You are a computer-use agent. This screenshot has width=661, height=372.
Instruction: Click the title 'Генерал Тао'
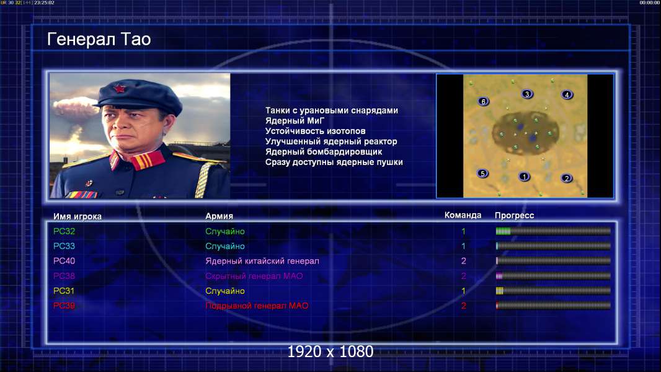coord(99,39)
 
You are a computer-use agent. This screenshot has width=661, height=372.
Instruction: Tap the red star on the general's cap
coord(120,89)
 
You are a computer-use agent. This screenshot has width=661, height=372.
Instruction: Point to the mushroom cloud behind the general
coord(76,107)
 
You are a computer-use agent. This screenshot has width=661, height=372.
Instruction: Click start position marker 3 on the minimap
coord(526,94)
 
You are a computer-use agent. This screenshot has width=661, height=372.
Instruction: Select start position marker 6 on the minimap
coord(484,101)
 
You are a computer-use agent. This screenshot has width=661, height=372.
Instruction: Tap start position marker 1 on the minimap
coord(524,177)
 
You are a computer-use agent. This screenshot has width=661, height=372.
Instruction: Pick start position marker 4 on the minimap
coord(567,95)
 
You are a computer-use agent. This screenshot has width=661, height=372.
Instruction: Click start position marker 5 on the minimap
coord(482,173)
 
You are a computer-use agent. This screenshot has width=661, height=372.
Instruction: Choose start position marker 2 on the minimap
coord(567,178)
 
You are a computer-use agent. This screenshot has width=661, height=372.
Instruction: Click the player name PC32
coord(64,231)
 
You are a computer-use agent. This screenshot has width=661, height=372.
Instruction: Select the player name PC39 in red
coord(64,306)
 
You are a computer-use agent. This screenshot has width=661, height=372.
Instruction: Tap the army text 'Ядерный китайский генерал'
coord(262,261)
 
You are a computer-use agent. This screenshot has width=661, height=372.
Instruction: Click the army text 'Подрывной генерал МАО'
coord(257,306)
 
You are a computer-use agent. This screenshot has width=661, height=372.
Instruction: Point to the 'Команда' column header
coord(463,215)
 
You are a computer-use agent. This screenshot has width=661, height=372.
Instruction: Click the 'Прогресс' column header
coord(514,216)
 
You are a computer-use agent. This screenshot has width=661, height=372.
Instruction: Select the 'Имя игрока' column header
coord(78,216)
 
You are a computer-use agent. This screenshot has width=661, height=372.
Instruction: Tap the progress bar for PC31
coord(553,291)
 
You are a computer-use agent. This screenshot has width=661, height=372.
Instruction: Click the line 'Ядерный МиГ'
coord(295,121)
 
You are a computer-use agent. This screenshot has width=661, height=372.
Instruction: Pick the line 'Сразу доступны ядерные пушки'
coord(334,162)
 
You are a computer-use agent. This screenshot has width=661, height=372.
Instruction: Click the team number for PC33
coord(463,247)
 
